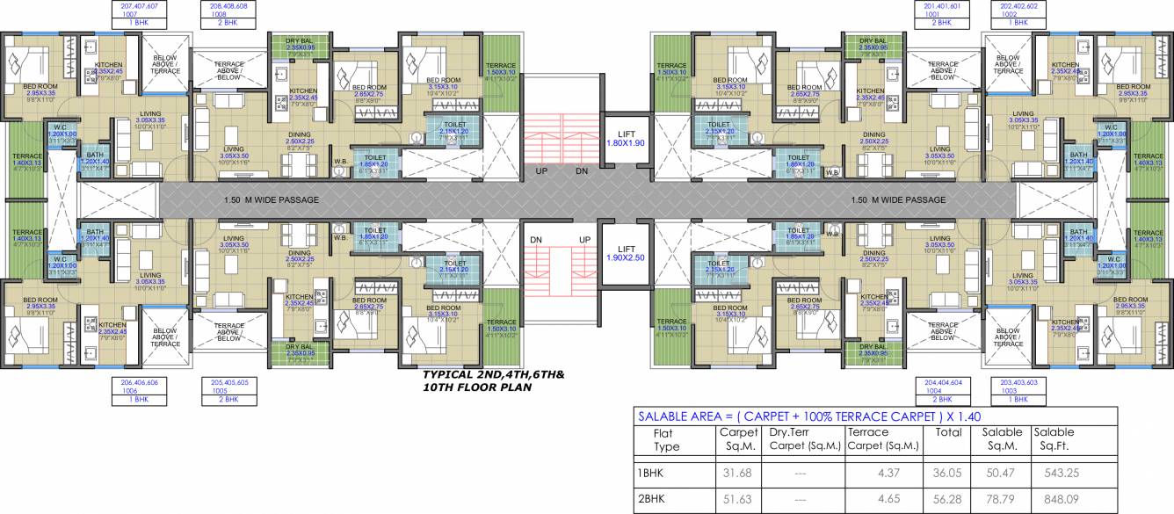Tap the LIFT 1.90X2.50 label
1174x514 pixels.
pyautogui.click(x=626, y=253)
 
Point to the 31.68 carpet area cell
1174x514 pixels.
pyautogui.click(x=736, y=473)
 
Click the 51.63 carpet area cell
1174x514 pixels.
pyautogui.click(x=736, y=498)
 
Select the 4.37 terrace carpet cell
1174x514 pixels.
pyautogui.click(x=905, y=473)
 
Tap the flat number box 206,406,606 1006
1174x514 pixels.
pyautogui.click(x=134, y=391)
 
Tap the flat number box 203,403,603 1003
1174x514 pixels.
pyautogui.click(x=1019, y=391)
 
